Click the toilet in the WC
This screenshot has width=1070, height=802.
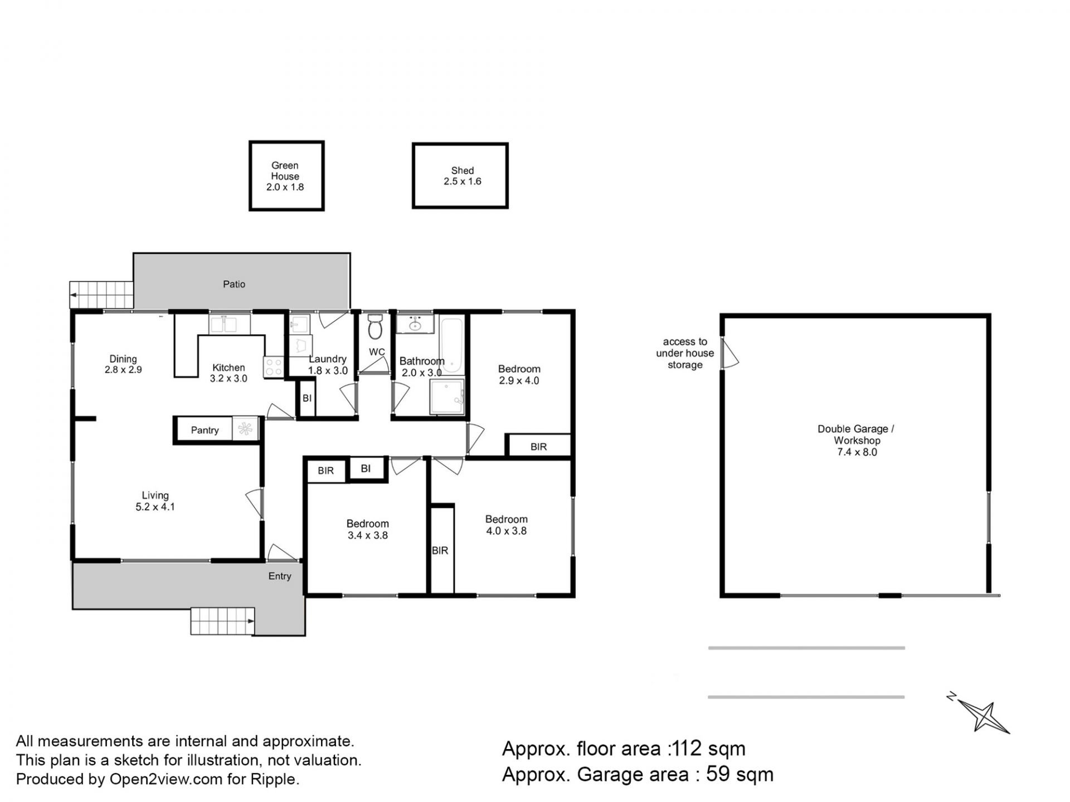tap(375, 326)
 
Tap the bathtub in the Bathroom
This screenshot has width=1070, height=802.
tap(451, 345)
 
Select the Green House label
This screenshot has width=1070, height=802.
tap(285, 176)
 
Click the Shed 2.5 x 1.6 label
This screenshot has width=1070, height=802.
tap(462, 176)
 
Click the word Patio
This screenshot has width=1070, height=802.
tap(234, 284)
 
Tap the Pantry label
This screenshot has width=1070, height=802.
tap(205, 430)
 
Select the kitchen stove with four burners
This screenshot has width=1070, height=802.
tap(273, 366)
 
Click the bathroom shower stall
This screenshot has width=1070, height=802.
tap(447, 397)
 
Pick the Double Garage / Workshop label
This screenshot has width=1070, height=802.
tap(857, 440)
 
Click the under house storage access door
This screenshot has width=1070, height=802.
tap(730, 353)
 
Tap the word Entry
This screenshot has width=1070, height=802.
tap(280, 576)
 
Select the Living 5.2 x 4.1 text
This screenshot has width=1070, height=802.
tap(155, 501)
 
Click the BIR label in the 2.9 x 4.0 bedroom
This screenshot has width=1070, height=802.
tap(538, 447)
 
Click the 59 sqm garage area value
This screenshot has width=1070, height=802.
tap(740, 774)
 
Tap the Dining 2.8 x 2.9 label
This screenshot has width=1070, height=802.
tap(123, 364)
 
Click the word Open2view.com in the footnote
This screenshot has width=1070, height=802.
tap(166, 779)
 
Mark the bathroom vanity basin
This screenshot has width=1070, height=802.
tap(415, 324)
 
